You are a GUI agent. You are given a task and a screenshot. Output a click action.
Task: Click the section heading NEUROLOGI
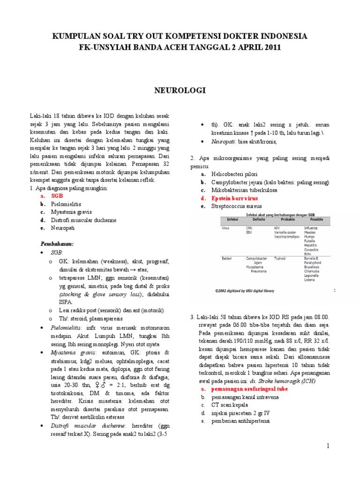pyautogui.click(x=180, y=90)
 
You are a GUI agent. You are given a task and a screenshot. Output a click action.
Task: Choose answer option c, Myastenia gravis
pyautogui.click(x=72, y=212)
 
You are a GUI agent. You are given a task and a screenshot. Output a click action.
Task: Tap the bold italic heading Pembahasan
pyautogui.click(x=57, y=244)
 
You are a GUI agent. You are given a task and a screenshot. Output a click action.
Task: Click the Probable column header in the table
pyautogui.click(x=288, y=219)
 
